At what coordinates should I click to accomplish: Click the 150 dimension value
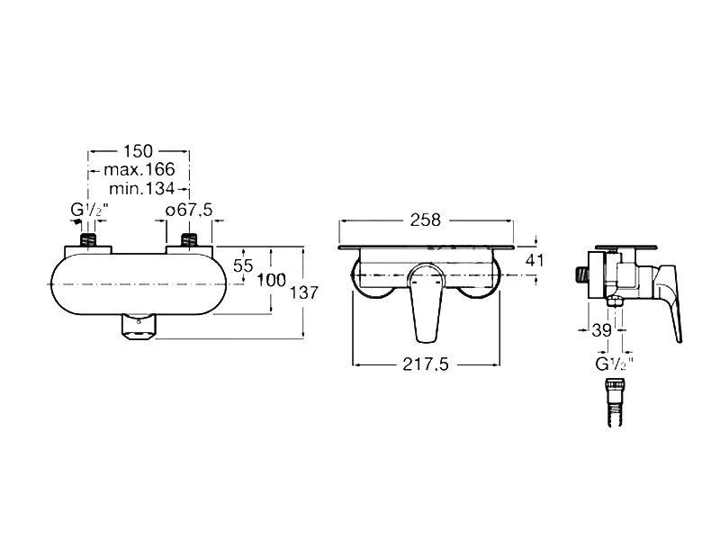[x=137, y=150]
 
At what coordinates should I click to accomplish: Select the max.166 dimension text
[x=137, y=169]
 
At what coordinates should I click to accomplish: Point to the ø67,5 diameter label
[x=189, y=211]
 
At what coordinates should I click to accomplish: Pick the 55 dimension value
[x=243, y=265]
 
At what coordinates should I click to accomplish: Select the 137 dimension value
[x=303, y=292]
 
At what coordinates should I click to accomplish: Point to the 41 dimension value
[x=536, y=261]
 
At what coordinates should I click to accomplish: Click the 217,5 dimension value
[x=425, y=364]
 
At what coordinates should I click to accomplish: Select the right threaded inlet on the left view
[x=189, y=240]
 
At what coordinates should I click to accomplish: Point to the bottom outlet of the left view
[x=138, y=328]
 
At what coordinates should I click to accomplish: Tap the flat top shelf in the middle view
[x=427, y=245]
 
